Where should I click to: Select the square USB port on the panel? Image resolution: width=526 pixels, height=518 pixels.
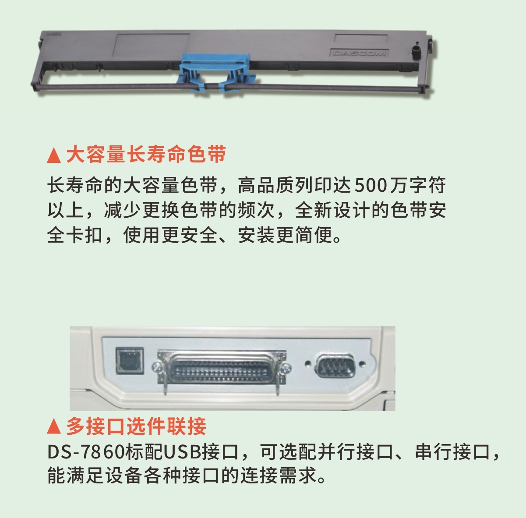(130, 360)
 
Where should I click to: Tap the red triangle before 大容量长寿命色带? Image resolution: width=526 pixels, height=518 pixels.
(54, 155)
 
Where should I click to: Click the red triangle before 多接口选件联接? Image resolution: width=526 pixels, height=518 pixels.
(54, 426)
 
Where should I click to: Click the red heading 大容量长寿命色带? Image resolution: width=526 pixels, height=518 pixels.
(146, 155)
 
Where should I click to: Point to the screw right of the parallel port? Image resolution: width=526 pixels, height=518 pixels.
(286, 368)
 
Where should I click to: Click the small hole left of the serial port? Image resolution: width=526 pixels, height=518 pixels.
(308, 363)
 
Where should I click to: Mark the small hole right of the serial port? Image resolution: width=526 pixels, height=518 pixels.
(363, 363)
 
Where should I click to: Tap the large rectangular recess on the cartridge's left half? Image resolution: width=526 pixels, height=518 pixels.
(152, 47)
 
